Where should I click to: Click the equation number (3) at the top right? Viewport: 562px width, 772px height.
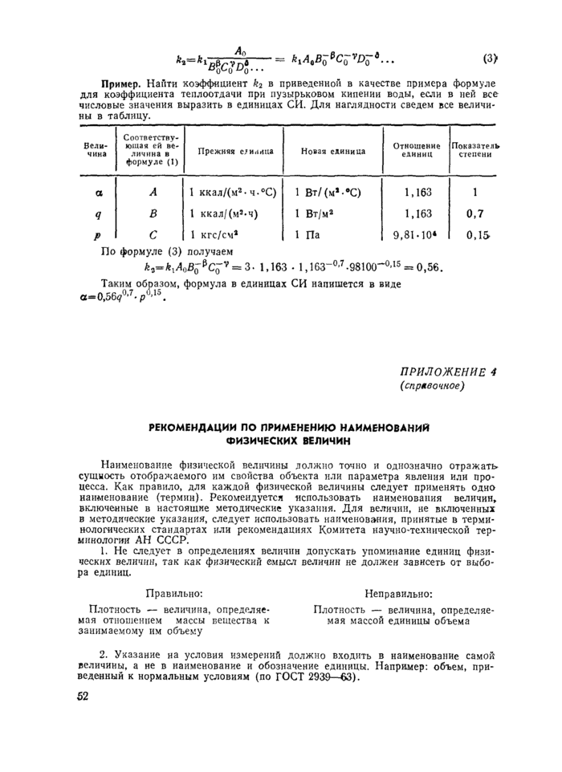coord(491,58)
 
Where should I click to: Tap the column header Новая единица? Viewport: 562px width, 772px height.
coord(333,151)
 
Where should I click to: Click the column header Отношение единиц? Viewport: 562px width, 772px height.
coord(416,150)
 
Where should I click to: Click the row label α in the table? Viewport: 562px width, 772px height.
coord(98,193)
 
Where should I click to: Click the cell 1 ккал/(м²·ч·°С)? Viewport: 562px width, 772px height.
coord(233,193)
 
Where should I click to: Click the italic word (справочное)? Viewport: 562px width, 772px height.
coord(432,386)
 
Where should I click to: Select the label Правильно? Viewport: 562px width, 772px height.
coord(173,594)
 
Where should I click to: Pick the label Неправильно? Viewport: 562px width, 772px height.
coord(399,594)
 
